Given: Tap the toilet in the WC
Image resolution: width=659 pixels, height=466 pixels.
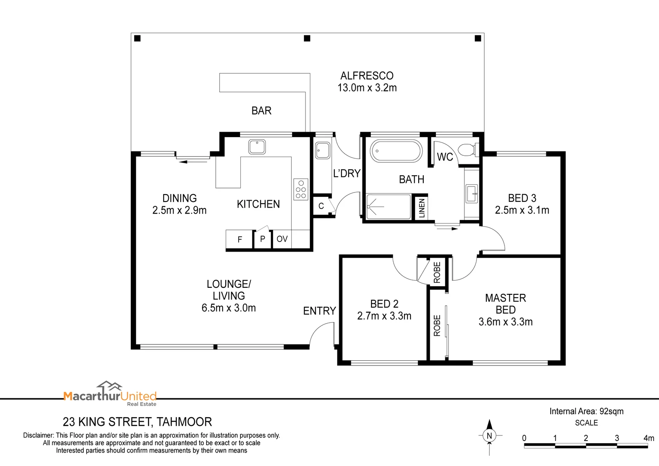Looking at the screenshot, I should click(x=467, y=150).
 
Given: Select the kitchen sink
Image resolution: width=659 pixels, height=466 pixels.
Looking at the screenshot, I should click(x=257, y=147).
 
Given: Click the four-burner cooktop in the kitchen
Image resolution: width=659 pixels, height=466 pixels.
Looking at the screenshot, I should click(x=301, y=189).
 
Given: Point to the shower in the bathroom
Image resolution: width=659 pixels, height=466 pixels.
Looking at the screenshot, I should click(x=388, y=207).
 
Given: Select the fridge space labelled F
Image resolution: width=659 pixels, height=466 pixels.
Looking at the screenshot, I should click(x=240, y=239).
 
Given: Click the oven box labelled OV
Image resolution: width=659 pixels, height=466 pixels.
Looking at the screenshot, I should click(x=282, y=239).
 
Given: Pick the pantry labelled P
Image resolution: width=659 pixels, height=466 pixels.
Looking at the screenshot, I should click(x=262, y=239).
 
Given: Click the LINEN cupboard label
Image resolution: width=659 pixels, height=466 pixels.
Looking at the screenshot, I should click(x=422, y=208).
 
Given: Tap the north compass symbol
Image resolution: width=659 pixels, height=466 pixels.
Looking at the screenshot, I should click(x=489, y=436).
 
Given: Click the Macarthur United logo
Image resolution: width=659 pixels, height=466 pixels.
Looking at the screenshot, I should click(x=110, y=394).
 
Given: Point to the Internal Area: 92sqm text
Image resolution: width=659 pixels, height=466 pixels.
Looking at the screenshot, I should click(x=586, y=411).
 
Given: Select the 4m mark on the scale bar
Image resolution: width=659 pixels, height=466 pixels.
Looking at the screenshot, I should click(x=648, y=438).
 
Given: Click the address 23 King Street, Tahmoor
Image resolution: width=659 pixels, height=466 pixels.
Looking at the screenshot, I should click(x=137, y=422).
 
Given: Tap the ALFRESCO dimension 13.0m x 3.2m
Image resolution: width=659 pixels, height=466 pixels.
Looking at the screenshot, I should click(x=367, y=88).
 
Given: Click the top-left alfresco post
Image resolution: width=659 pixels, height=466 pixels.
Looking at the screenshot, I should click(x=137, y=38).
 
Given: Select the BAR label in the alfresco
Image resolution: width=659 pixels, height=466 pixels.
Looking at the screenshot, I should click(x=261, y=111).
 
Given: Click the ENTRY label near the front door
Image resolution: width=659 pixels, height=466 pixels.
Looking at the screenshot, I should click(x=319, y=311).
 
